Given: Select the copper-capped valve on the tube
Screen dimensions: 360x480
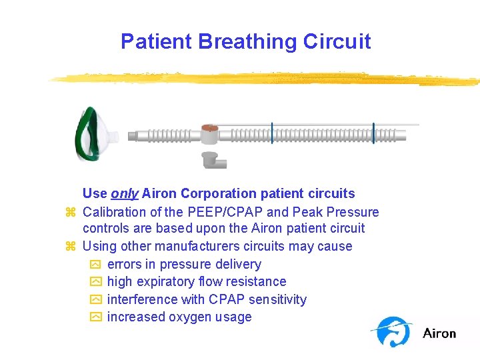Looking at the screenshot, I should point(209,133).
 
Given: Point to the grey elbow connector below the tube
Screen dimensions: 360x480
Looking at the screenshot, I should point(213,160).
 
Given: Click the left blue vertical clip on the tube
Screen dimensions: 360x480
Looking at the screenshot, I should point(272,133).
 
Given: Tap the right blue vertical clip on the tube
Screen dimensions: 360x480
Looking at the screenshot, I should point(373,133).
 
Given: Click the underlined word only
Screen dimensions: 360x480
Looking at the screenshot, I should point(125,194).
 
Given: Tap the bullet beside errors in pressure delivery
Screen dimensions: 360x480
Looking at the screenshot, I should point(94,265).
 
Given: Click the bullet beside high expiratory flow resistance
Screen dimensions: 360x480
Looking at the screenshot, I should point(94,282).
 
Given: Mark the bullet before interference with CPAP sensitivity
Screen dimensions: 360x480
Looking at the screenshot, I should point(94,300).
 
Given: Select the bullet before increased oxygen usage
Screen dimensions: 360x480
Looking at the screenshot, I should point(94,317).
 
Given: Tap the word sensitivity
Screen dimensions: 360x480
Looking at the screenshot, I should point(275,300).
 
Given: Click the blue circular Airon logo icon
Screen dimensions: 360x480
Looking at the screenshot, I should point(393,331).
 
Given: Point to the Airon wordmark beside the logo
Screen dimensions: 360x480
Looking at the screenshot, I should point(439,333).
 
